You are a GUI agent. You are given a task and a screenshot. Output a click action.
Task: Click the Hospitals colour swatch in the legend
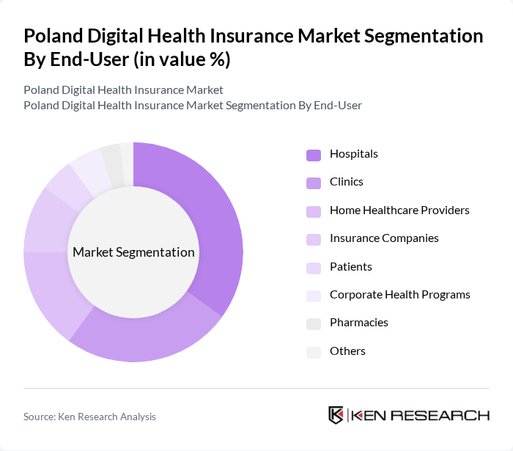pyautogui.click(x=314, y=154)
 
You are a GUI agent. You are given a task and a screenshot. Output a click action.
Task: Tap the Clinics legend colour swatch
pyautogui.click(x=314, y=183)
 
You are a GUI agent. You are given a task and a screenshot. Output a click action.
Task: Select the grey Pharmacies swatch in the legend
pyautogui.click(x=314, y=323)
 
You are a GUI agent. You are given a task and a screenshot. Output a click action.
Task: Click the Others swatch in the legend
pyautogui.click(x=314, y=352)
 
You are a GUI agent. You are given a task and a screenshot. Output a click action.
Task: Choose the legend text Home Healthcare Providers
pyautogui.click(x=399, y=210)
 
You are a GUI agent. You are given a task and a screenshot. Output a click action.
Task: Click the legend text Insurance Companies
pyautogui.click(x=384, y=238)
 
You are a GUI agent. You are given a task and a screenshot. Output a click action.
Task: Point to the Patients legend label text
pyautogui.click(x=351, y=267)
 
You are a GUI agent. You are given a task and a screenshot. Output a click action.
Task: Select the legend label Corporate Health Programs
pyautogui.click(x=399, y=295)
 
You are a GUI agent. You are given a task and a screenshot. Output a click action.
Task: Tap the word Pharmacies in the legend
pyautogui.click(x=359, y=323)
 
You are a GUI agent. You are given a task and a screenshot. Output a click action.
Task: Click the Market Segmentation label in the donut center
pyautogui.click(x=133, y=252)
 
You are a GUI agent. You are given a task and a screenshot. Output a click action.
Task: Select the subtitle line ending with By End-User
pyautogui.click(x=193, y=105)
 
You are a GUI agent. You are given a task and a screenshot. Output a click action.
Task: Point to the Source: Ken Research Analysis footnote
pyautogui.click(x=89, y=417)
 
